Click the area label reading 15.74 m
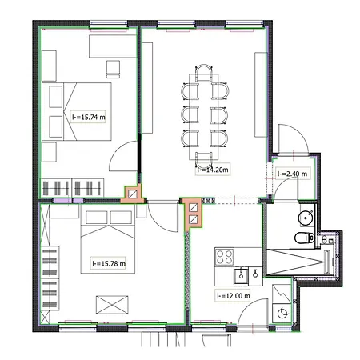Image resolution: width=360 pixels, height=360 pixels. pos(88,117)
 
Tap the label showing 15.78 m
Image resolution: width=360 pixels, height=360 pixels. pos(108,263)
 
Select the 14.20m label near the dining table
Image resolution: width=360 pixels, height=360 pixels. pos(213,170)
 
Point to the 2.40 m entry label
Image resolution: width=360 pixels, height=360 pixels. pos(292,174)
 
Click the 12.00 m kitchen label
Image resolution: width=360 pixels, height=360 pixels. pos(233,295)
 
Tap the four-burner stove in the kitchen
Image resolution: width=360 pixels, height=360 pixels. pos(225,257)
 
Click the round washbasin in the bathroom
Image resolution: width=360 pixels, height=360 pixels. pos(306,218)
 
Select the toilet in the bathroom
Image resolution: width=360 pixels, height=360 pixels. pos(305,238)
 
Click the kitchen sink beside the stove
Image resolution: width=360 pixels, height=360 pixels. pos(241,276)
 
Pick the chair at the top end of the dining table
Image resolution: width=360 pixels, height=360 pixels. pos(204,73)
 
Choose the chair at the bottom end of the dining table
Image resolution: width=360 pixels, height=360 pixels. pos(204,160)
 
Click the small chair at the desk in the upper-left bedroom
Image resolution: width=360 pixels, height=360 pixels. pos(113,69)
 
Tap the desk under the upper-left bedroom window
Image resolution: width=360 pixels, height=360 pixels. pos(113,46)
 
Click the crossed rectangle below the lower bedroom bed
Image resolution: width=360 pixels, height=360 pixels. pos(112,305)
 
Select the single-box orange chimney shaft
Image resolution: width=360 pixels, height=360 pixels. pos(133,194)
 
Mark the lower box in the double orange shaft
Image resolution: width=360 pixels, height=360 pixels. pos(193,219)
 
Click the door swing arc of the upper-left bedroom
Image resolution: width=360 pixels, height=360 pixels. pos(118,150)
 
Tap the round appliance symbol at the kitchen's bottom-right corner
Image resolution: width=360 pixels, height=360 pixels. pos(282,313)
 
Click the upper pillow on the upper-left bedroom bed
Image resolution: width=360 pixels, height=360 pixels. pos(56,97)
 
